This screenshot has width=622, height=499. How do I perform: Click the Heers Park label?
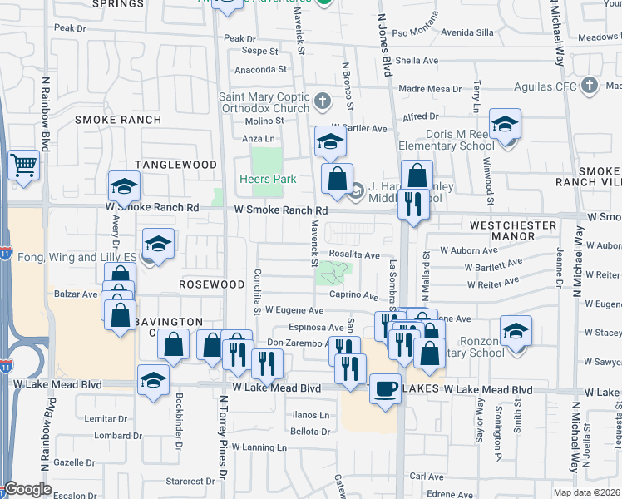click(267, 179)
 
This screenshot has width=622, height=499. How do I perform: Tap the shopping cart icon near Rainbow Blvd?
click(23, 164)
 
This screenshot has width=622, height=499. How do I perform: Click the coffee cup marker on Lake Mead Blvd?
click(384, 388)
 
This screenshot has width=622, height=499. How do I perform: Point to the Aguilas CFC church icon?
click(590, 85)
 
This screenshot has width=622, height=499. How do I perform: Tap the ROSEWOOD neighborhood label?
click(209, 284)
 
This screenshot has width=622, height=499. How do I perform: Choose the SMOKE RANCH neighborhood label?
click(118, 120)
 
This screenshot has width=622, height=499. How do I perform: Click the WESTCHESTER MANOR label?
click(513, 230)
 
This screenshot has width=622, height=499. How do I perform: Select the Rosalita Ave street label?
click(354, 255)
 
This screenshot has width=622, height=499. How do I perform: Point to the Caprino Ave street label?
click(354, 295)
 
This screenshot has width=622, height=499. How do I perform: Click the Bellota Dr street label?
click(310, 431)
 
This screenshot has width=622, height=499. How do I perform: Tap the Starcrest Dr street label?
click(184, 481)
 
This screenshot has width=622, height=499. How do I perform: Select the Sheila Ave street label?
click(417, 61)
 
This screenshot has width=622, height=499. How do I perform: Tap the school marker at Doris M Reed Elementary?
click(505, 125)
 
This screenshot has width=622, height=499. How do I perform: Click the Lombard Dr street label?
click(112, 435)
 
